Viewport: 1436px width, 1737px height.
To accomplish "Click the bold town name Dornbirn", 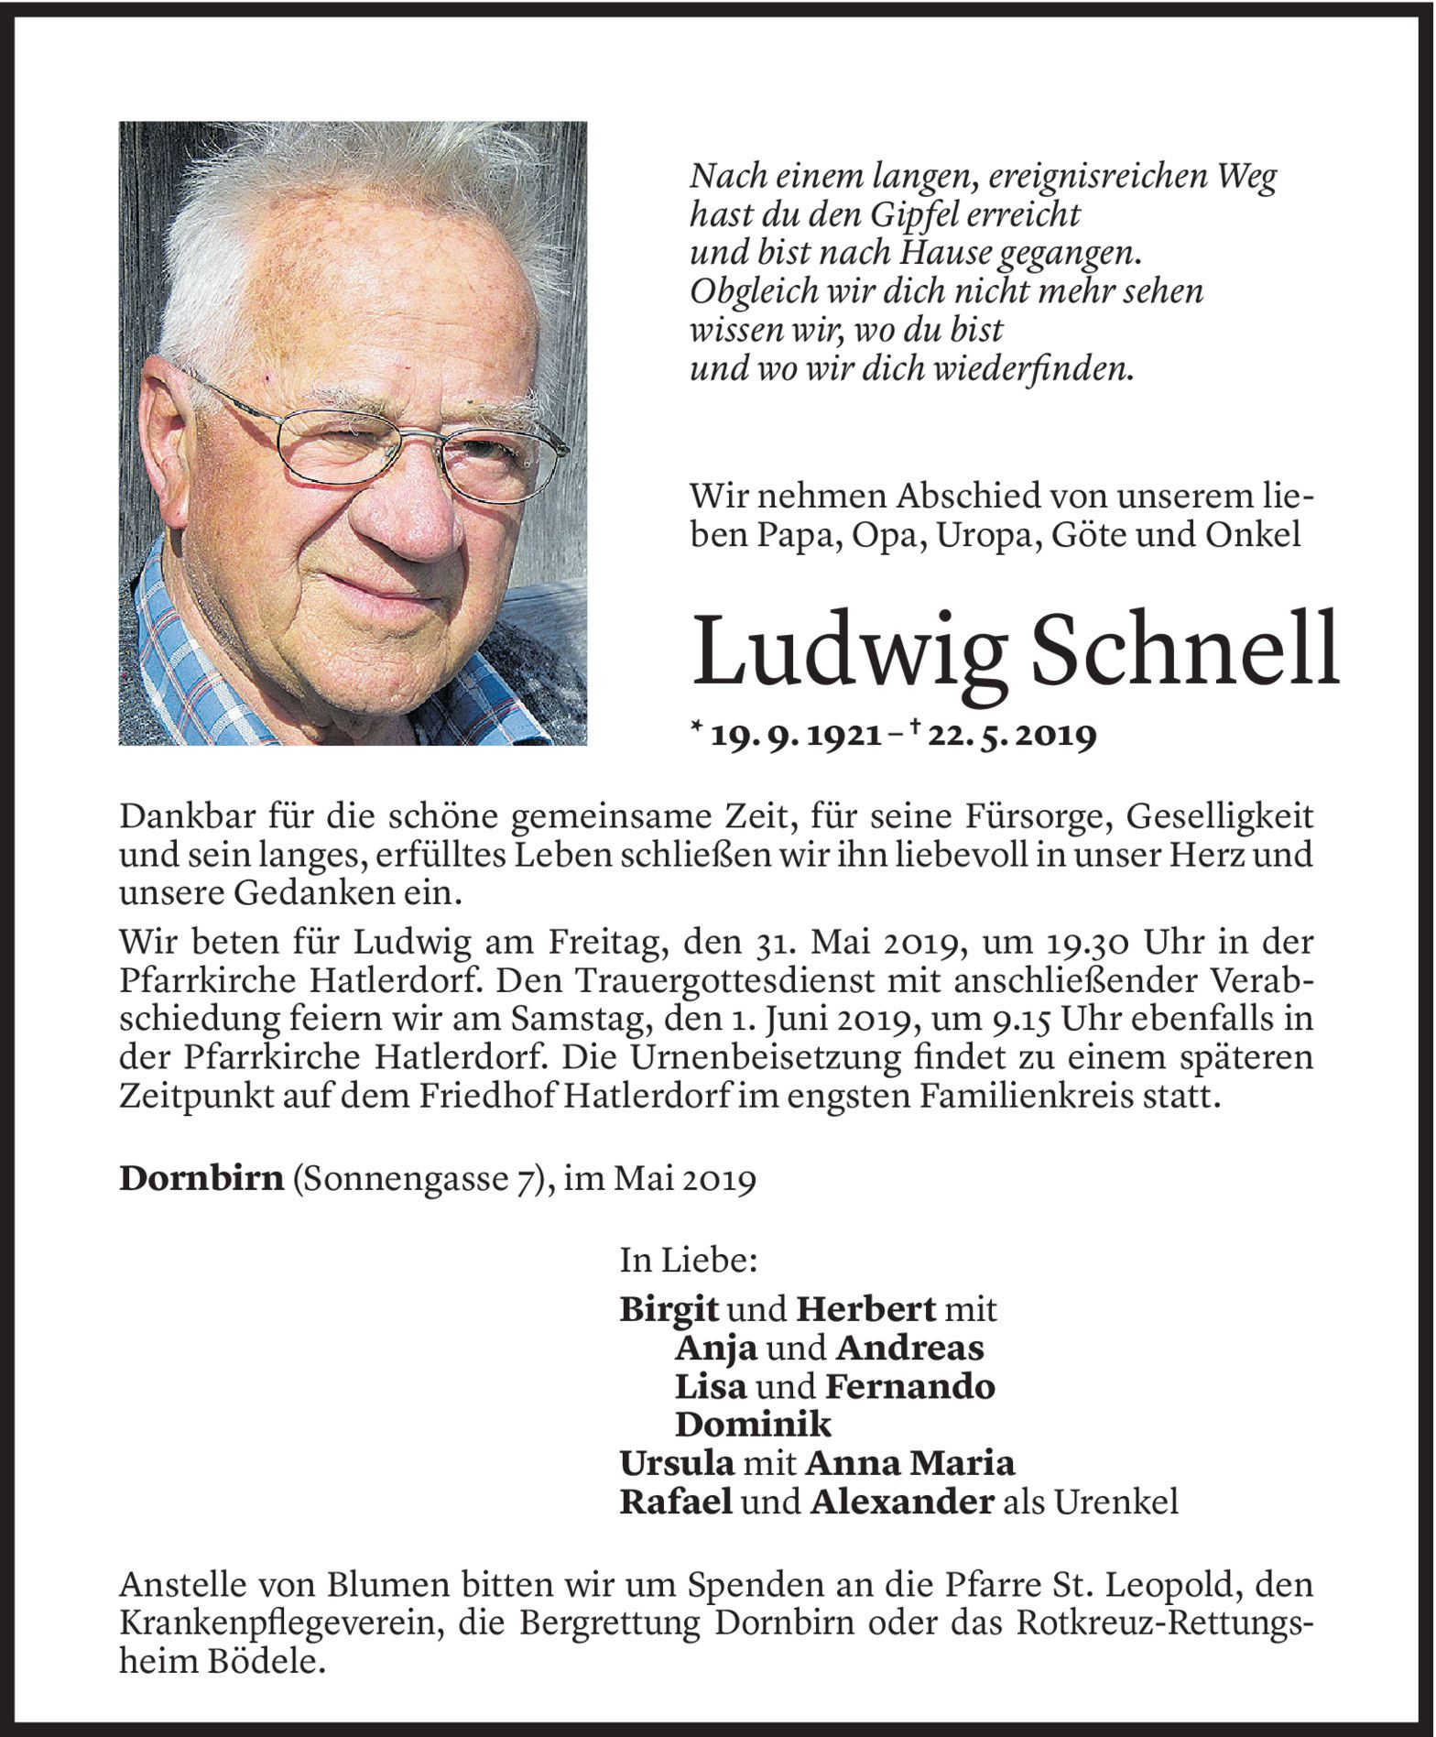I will [x=201, y=1178].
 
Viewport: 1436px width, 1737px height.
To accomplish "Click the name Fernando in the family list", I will [x=909, y=1386].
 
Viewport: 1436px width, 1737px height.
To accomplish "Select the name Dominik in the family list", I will [x=753, y=1425].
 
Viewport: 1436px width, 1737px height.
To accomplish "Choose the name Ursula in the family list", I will [x=677, y=1463].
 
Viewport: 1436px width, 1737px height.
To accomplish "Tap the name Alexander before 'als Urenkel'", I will [x=901, y=1502].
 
